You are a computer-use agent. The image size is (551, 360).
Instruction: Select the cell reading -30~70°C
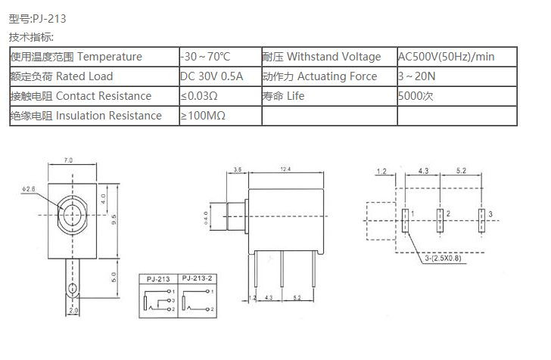205,57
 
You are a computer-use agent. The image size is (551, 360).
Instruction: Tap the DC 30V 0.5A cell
212,76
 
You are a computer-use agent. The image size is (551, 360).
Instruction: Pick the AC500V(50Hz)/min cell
447,57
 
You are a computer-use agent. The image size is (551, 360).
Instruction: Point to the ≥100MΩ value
203,116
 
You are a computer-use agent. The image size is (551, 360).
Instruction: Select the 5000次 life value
416,96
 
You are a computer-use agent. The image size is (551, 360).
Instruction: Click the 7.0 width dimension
68,160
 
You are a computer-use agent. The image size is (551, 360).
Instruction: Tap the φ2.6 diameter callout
29,189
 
